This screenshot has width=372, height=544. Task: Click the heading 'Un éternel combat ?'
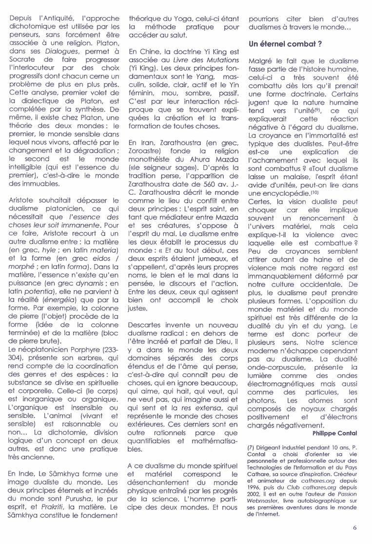[x=285, y=44]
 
